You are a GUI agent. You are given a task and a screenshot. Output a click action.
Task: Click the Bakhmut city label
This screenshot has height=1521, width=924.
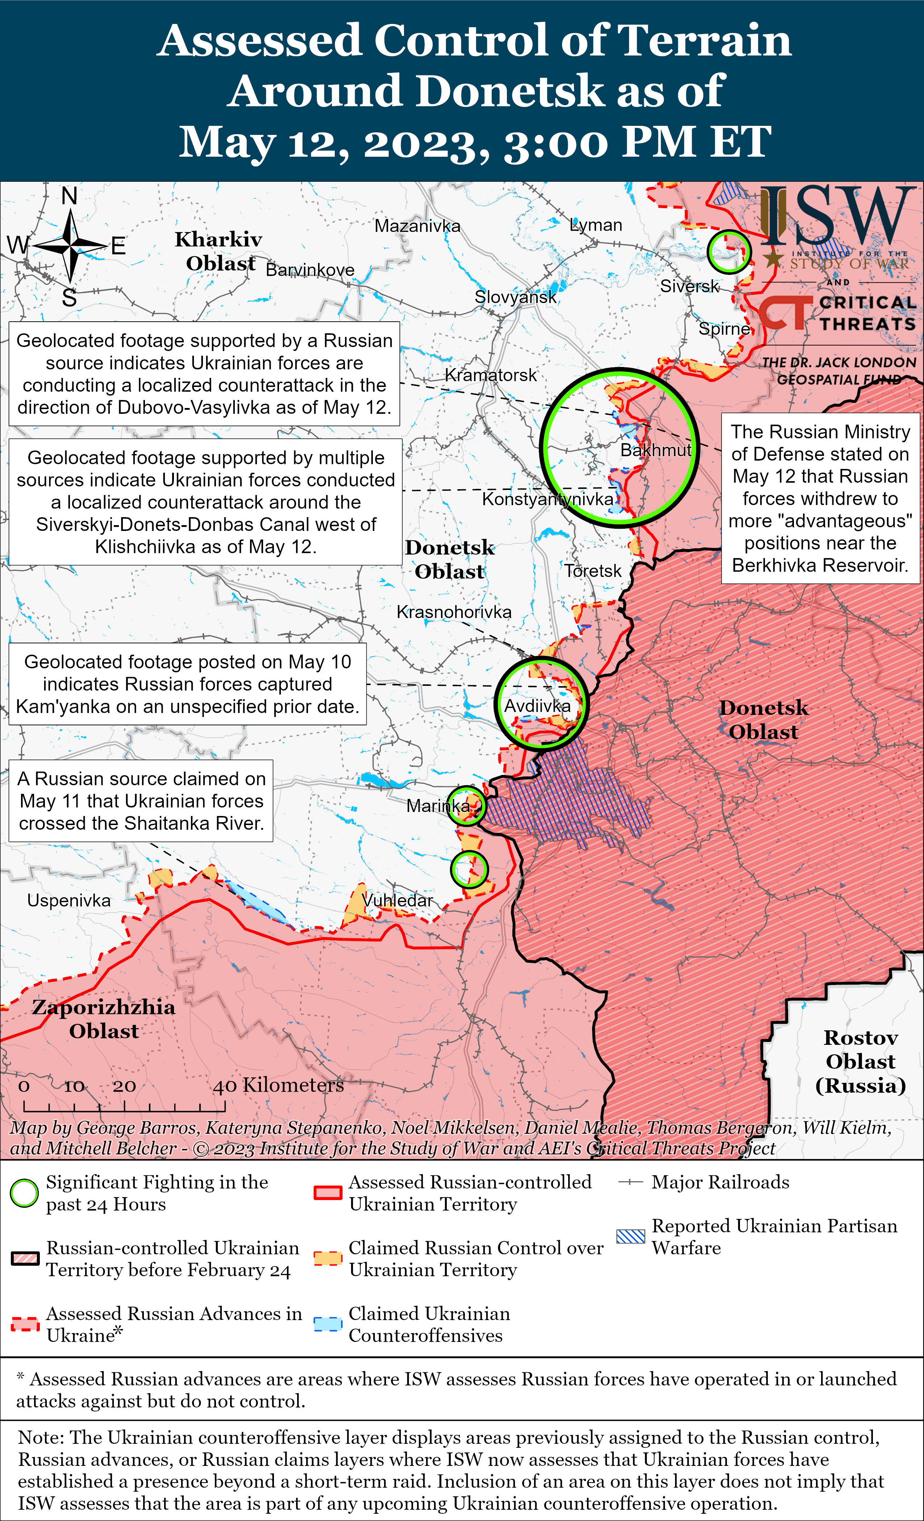(656, 450)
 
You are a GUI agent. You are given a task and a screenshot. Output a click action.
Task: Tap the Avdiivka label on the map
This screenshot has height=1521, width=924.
(537, 706)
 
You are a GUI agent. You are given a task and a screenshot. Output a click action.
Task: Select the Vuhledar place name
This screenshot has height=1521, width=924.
(398, 900)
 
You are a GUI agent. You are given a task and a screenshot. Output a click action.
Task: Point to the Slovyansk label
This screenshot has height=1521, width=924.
(515, 297)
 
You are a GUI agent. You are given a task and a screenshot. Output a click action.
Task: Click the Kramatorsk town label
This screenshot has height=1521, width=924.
(490, 375)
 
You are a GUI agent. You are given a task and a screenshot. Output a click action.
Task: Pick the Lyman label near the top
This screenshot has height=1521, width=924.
(596, 225)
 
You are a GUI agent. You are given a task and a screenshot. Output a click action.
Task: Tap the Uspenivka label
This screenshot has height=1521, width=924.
(69, 900)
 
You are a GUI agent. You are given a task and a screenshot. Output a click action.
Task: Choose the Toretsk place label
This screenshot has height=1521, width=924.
(593, 571)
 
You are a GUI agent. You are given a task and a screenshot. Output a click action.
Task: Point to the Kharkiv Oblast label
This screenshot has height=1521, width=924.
(219, 251)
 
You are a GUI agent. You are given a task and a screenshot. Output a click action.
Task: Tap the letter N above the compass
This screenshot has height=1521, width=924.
(69, 196)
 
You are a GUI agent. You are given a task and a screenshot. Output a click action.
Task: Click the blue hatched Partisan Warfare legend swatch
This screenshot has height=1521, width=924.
(630, 1236)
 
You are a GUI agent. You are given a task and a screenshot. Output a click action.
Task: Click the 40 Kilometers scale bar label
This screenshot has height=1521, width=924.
(278, 1085)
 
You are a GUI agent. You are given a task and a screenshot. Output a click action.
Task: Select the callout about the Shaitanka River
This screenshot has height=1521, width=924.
(141, 801)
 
